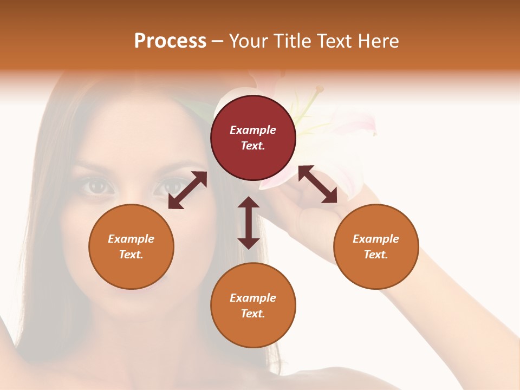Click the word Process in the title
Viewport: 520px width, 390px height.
[x=170, y=41]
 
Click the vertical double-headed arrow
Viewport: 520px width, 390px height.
[x=249, y=223]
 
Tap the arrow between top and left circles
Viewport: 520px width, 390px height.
[x=187, y=190]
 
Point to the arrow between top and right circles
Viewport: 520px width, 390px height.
[x=318, y=184]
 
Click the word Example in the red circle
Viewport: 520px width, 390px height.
[x=253, y=130]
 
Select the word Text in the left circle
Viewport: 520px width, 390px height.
[x=131, y=255]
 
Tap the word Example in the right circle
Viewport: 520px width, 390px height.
[x=376, y=239]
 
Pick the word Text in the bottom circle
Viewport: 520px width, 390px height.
[x=253, y=314]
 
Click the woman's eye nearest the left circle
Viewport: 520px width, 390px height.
[x=98, y=186]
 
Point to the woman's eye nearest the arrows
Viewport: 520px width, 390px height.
[x=166, y=186]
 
